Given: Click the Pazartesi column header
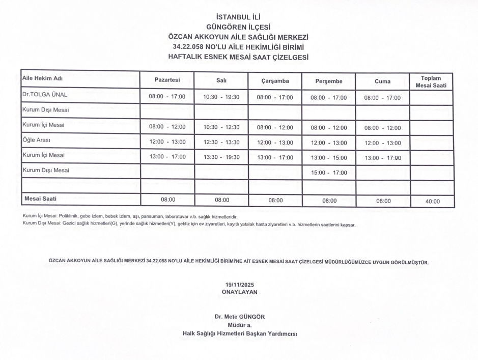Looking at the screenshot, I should click(x=167, y=80).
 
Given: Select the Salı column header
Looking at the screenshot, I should click(x=221, y=80).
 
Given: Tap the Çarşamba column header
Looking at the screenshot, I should click(x=275, y=81).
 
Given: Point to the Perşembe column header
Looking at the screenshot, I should click(x=328, y=81).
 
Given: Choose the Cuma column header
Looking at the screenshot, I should click(x=382, y=81).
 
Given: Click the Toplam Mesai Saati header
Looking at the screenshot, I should click(x=431, y=82).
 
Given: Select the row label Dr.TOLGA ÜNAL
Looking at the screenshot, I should click(x=45, y=95).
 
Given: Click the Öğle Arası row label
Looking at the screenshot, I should click(x=36, y=140).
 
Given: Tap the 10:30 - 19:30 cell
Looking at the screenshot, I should click(x=221, y=97).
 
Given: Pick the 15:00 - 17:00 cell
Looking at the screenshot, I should click(x=328, y=173).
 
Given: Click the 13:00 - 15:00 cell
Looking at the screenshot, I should click(x=328, y=158).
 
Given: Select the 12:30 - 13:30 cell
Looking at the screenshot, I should click(x=221, y=142).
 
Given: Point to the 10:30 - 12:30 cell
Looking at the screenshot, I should click(x=221, y=127).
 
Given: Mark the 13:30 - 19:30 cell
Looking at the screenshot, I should click(x=221, y=157).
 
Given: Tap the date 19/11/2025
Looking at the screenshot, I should click(x=239, y=285).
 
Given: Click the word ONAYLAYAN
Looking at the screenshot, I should click(x=239, y=292).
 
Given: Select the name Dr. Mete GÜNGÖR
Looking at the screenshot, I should click(x=239, y=317).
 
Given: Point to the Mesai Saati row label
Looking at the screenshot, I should click(x=42, y=199).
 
